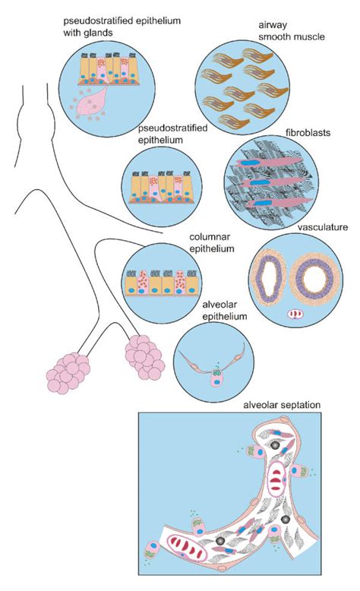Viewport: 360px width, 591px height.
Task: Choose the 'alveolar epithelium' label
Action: click(223, 311)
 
